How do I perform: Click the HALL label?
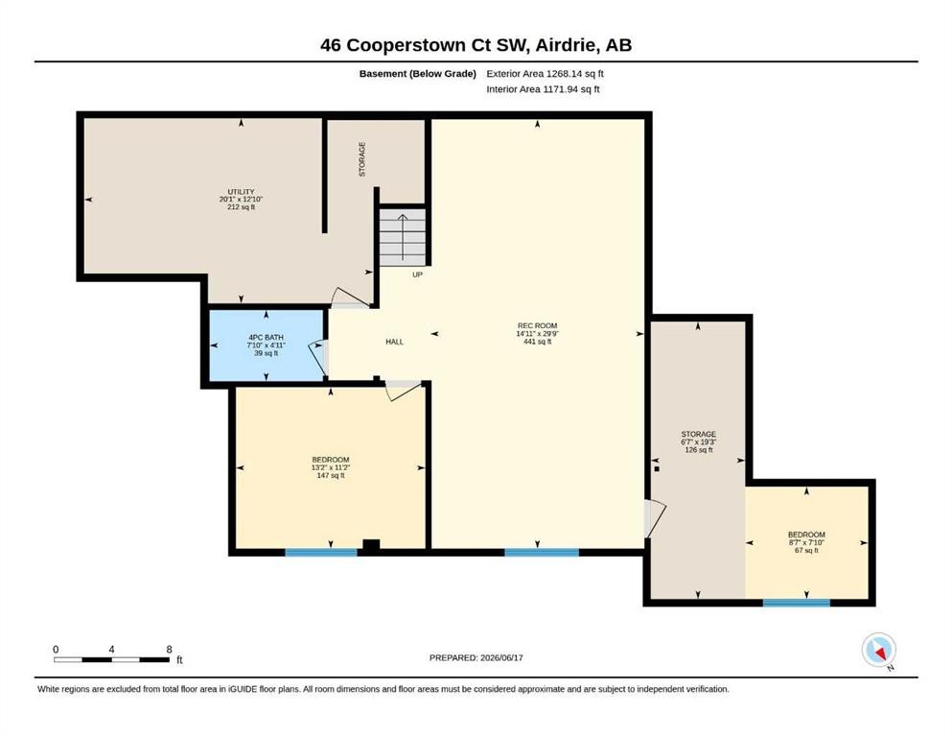tap(395, 342)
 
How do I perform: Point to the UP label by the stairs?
tap(418, 274)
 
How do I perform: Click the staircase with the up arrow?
tap(403, 237)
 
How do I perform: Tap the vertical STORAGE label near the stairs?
tap(362, 159)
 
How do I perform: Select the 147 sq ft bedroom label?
tap(331, 467)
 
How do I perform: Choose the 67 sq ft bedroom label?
tap(807, 542)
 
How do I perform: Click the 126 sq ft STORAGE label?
tap(699, 442)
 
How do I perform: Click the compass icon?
tap(878, 650)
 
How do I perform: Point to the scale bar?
tap(112, 659)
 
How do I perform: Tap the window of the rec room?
tap(542, 553)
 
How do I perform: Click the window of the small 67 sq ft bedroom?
tap(797, 603)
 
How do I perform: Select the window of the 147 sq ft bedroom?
tap(321, 553)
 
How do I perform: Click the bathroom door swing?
tap(318, 359)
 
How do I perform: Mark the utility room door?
tap(350, 297)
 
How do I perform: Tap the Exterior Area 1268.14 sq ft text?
tap(545, 74)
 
